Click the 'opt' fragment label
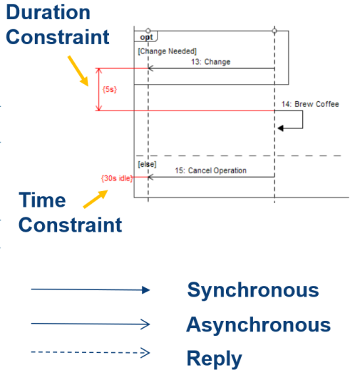point(146,37)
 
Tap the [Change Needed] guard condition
point(167,51)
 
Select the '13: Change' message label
point(210,62)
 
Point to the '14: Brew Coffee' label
point(310,104)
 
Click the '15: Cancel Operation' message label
point(210,170)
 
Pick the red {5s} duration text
point(110,89)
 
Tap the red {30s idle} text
point(117,178)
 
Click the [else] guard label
point(147,164)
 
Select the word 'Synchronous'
point(253,290)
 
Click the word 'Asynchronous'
point(259,324)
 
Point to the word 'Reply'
point(215,359)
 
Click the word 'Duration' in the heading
point(48,12)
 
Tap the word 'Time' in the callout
point(42,200)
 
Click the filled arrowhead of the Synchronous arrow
point(146,290)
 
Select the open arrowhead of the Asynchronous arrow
point(145,324)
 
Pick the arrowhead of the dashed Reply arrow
point(145,353)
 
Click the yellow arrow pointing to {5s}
point(78,71)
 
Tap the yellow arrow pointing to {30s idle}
point(96,199)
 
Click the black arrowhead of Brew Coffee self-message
point(281,128)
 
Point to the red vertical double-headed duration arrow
point(98,89)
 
